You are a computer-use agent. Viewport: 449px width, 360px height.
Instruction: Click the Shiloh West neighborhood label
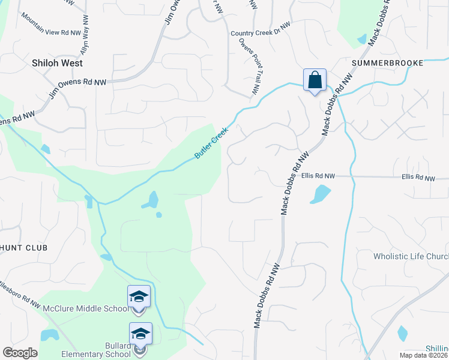point(58,62)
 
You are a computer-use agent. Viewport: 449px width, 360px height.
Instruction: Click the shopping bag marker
point(315,80)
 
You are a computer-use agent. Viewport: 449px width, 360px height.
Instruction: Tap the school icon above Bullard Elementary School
point(140,334)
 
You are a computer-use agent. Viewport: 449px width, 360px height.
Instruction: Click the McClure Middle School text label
point(85,309)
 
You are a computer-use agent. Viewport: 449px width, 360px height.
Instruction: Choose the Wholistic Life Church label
point(411,257)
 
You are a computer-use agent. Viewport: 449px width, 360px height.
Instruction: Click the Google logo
point(20,353)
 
